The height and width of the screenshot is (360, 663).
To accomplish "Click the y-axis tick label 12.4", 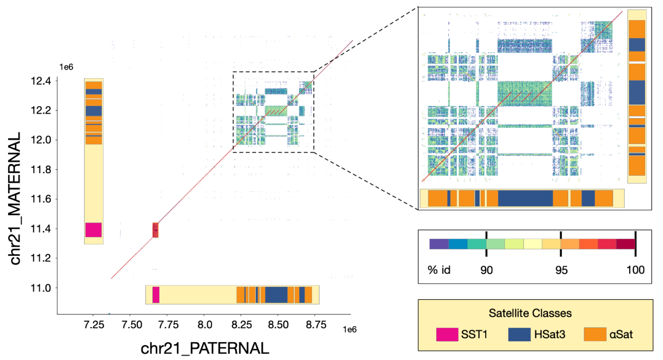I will click(x=41, y=81).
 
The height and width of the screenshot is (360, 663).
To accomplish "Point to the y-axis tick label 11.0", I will click(x=41, y=288).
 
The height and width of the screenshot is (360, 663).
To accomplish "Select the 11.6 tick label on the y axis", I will click(x=41, y=199).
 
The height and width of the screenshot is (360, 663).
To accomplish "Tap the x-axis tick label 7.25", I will click(x=94, y=325).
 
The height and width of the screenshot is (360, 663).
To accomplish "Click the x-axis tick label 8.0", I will click(x=204, y=325).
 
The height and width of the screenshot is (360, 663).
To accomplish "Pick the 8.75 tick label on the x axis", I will click(x=316, y=325).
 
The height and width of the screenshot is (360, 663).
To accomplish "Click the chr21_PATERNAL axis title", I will click(x=204, y=348).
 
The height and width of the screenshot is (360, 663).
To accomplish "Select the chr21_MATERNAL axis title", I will click(x=15, y=199).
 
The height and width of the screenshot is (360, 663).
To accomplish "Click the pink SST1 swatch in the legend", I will click(x=447, y=335).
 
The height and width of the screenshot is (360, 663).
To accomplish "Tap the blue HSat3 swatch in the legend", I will click(x=519, y=335).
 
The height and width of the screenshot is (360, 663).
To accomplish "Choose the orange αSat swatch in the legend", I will click(x=595, y=335).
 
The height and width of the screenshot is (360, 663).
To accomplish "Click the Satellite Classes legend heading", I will click(x=530, y=313).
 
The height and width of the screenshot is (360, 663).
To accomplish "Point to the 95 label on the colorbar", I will click(x=561, y=270).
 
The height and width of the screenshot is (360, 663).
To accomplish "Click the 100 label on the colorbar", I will click(x=636, y=270).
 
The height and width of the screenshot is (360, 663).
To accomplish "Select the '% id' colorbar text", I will click(x=439, y=270).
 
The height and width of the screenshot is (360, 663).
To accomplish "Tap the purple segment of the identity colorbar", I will click(x=439, y=244).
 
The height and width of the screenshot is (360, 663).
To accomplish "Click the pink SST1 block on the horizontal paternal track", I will click(x=156, y=295).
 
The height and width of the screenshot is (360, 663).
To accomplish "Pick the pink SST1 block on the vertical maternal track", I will click(x=94, y=230).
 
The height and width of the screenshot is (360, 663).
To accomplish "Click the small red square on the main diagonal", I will click(x=155, y=230).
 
